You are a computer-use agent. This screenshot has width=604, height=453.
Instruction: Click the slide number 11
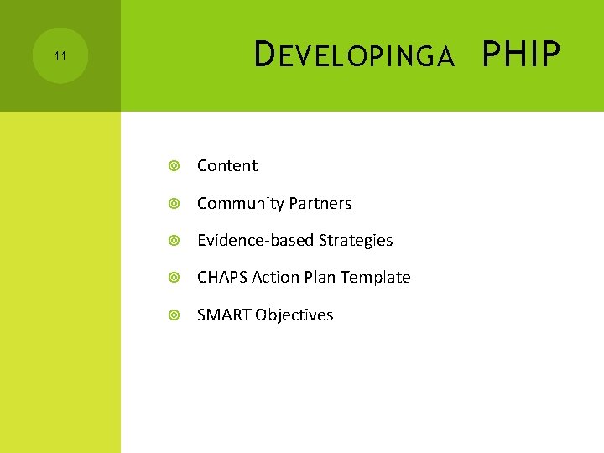click(x=60, y=56)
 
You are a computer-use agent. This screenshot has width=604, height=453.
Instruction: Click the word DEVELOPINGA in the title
click(x=354, y=56)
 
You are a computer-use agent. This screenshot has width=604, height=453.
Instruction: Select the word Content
click(x=227, y=166)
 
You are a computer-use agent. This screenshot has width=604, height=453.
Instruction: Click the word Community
click(x=240, y=204)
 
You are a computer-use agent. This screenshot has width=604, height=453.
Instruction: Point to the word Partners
click(x=320, y=204)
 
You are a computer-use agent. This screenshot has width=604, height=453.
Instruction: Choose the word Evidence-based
click(x=253, y=241)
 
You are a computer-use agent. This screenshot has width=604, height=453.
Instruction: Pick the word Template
click(x=377, y=278)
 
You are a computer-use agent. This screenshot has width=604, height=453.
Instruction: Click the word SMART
click(x=224, y=315)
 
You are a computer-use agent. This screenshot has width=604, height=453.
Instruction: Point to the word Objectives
click(x=294, y=315)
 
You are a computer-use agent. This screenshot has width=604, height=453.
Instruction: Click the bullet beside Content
click(x=174, y=166)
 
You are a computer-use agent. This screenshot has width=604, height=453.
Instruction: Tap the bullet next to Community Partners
click(x=174, y=204)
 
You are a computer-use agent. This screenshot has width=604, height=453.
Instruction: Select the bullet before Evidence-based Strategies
click(x=174, y=241)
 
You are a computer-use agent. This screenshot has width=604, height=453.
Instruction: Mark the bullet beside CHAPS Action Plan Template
click(x=174, y=278)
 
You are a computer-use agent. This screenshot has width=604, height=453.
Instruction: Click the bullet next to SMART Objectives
click(x=174, y=315)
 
